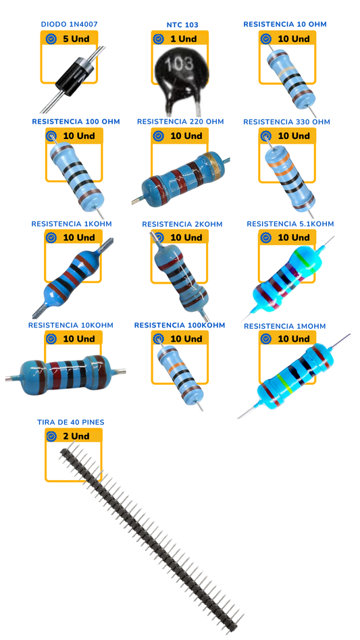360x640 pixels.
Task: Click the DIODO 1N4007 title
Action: click(69, 24)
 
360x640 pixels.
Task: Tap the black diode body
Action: click(76, 75)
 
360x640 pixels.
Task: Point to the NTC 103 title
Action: click(182, 25)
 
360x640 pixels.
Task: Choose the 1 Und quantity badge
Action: click(180, 38)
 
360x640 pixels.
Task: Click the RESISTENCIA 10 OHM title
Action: click(285, 24)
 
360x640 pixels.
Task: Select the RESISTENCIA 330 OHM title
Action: click(286, 122)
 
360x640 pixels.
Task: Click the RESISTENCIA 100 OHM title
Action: click(76, 122)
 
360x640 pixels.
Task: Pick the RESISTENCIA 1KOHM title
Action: click(72, 223)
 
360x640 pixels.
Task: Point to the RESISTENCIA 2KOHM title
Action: click(182, 224)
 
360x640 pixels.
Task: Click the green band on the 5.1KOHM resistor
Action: click(302, 259)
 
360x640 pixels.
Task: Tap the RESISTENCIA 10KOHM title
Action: click(71, 325)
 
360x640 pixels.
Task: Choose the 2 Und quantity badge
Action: click(74, 436)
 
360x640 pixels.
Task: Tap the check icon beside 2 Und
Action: click(51, 436)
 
